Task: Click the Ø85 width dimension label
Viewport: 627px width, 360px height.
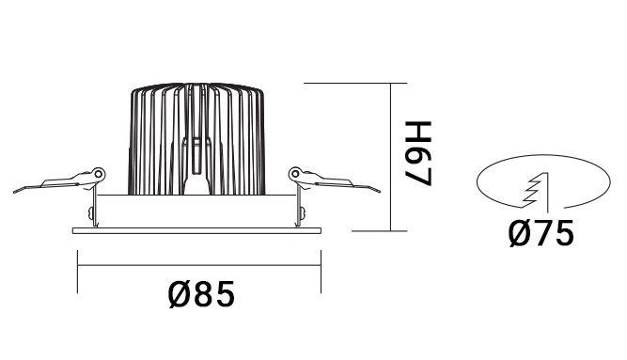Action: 201,295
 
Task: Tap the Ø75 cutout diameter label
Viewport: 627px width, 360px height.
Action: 541,231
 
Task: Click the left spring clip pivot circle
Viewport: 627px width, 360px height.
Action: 97,174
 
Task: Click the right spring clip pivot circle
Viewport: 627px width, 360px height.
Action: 295,173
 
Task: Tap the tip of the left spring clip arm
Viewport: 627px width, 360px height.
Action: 16,191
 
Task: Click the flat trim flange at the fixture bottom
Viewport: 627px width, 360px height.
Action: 196,228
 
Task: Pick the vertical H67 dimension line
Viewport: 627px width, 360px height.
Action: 389,156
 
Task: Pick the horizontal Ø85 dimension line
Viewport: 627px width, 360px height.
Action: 197,266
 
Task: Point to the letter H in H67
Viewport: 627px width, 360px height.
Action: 416,131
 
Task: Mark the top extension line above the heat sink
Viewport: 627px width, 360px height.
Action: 348,84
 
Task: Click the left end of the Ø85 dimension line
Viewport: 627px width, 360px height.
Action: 76,266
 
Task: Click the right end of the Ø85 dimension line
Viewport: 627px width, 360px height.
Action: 320,266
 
